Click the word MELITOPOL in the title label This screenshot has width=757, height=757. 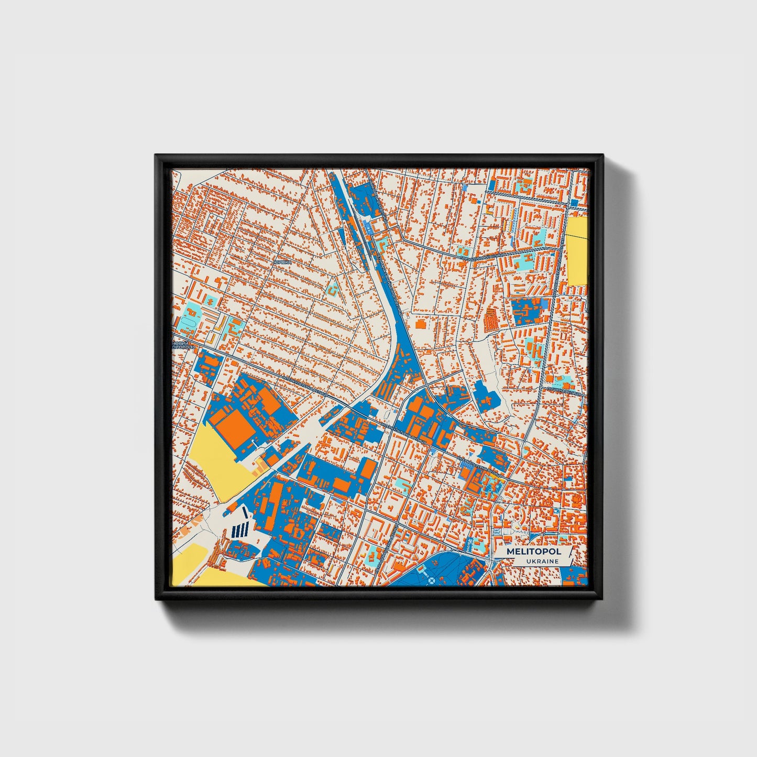tap(533, 552)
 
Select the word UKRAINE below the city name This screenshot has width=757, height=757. tap(543, 562)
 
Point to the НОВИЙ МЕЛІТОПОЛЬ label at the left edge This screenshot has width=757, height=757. tap(184, 345)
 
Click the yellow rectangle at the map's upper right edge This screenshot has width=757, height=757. tap(577, 251)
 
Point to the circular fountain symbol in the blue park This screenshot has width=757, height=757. tap(431, 580)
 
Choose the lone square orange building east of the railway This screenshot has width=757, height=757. tap(420, 325)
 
